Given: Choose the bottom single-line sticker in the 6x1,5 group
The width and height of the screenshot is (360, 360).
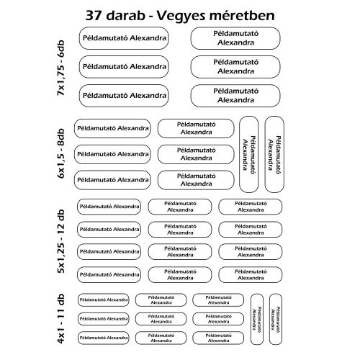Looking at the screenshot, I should [112, 177].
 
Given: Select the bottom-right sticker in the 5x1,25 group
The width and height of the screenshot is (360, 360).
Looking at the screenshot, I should [249, 274].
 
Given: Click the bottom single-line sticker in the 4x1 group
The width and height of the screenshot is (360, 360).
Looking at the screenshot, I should [102, 336].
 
